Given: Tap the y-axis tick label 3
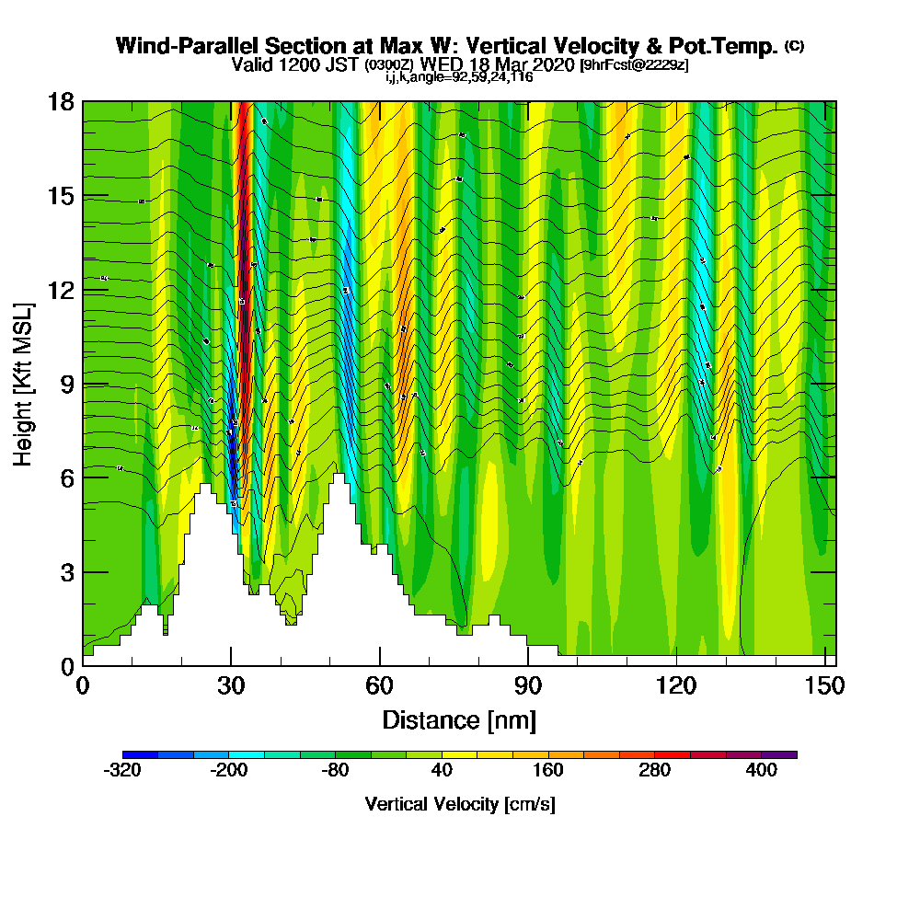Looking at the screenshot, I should click(66, 571).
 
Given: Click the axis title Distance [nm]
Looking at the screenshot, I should click(459, 719).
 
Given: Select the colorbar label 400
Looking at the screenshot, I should click(762, 771).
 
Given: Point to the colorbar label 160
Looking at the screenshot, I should click(548, 771).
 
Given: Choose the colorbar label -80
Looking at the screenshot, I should click(336, 771).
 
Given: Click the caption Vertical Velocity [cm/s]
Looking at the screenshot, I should click(459, 804).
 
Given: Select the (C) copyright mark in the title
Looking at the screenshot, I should click(794, 45).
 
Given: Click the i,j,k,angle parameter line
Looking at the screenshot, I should click(459, 77).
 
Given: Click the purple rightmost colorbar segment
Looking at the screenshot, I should click(779, 754).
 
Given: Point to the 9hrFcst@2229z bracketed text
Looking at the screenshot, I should click(633, 64).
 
